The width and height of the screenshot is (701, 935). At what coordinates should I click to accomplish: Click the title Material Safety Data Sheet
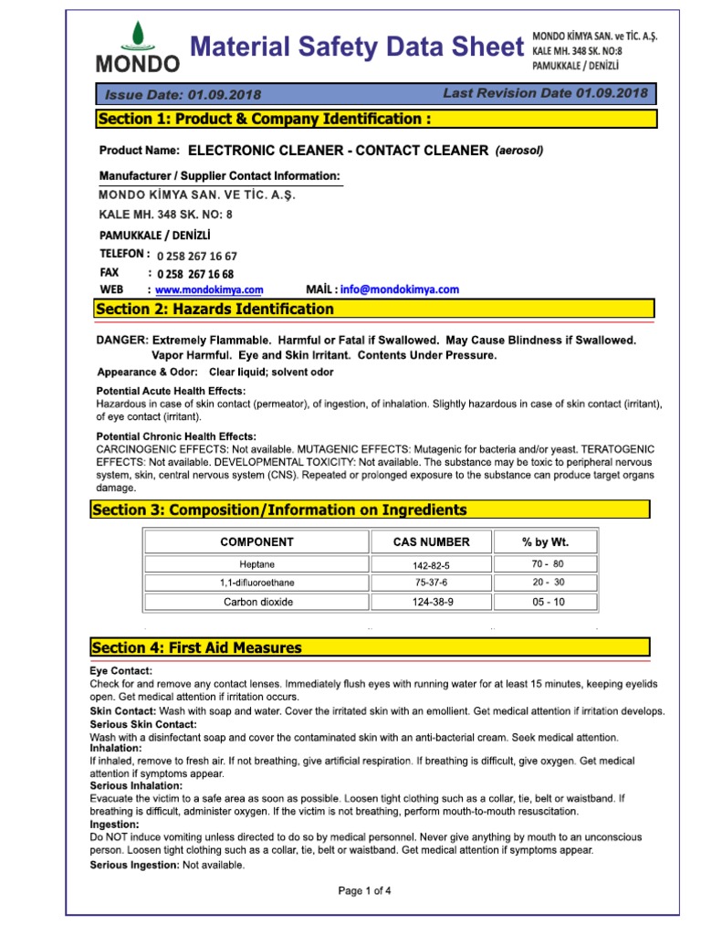(357, 47)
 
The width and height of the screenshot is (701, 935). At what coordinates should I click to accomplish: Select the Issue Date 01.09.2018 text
(183, 95)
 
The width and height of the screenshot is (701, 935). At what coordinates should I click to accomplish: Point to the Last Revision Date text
(545, 93)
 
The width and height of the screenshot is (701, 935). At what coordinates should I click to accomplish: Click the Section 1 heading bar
(375, 119)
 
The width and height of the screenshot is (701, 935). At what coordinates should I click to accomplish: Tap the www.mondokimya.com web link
(209, 289)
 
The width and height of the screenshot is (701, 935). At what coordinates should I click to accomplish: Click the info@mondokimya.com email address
(400, 289)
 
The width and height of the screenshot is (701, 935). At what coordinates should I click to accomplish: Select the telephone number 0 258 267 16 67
(197, 257)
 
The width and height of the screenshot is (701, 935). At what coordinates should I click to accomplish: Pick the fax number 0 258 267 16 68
(195, 274)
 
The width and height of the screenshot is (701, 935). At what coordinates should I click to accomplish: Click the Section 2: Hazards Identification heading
(215, 310)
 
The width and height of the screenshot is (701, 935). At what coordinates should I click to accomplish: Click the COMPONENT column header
(256, 541)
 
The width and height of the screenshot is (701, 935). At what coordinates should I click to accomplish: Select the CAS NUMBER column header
(431, 541)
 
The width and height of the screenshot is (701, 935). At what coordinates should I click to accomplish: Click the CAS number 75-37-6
(431, 583)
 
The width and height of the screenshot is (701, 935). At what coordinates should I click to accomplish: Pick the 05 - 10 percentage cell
(548, 602)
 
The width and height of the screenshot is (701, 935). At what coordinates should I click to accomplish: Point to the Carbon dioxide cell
(256, 602)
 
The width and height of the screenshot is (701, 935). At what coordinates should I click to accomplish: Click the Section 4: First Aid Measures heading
(196, 647)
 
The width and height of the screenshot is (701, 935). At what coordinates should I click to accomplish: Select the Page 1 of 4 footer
(365, 890)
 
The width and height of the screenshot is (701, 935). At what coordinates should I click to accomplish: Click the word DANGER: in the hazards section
(121, 340)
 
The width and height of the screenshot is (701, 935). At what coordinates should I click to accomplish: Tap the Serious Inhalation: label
(136, 785)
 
